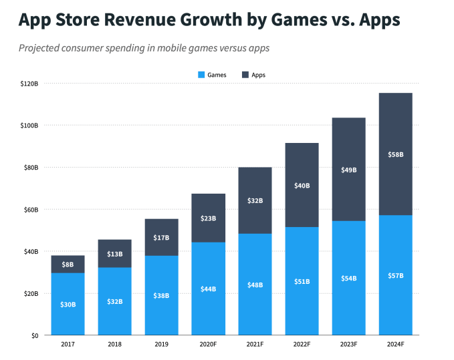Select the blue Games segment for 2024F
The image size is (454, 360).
pyautogui.click(x=395, y=294)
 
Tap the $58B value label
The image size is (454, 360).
pyautogui.click(x=395, y=154)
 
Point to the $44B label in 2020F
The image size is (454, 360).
pyautogui.click(x=208, y=289)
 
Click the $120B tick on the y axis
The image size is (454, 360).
pyautogui.click(x=30, y=83)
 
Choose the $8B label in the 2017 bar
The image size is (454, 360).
pyautogui.click(x=68, y=264)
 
